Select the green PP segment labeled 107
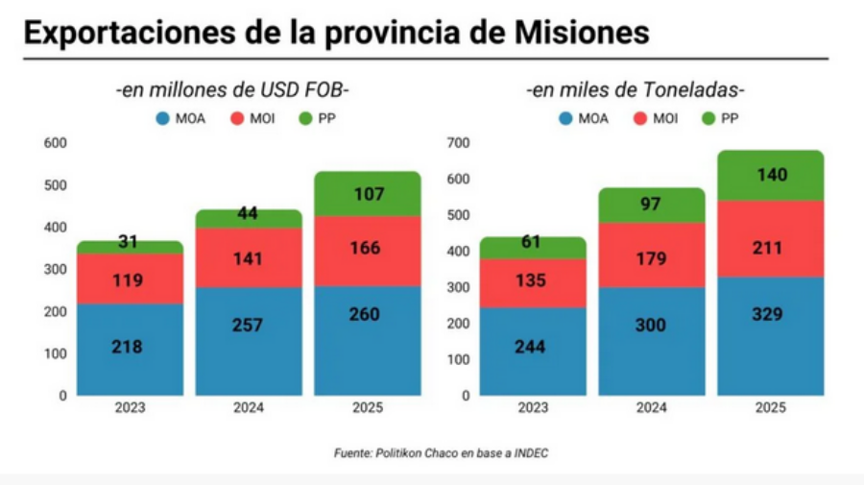[368, 194]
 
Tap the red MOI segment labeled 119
[130, 279]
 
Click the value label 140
[771, 175]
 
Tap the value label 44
[249, 214]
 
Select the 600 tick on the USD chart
[56, 143]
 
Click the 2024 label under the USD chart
[249, 408]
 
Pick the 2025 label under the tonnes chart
[770, 408]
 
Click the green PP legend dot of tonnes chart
[709, 119]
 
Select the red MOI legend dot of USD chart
[237, 119]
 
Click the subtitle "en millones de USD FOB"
[233, 90]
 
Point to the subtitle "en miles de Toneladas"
[636, 90]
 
